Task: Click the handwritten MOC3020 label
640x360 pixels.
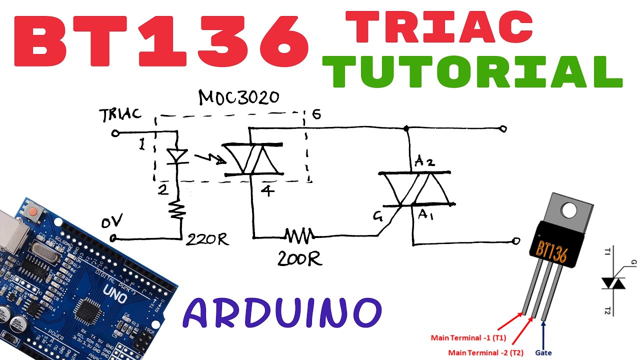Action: pos(238,97)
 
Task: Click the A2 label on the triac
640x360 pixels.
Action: pos(424,161)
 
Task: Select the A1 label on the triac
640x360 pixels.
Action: pos(425,214)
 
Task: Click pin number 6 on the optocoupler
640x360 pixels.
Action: pos(316,114)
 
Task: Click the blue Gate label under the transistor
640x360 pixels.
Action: pos(543,352)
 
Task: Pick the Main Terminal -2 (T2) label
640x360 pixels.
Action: pos(485,352)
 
